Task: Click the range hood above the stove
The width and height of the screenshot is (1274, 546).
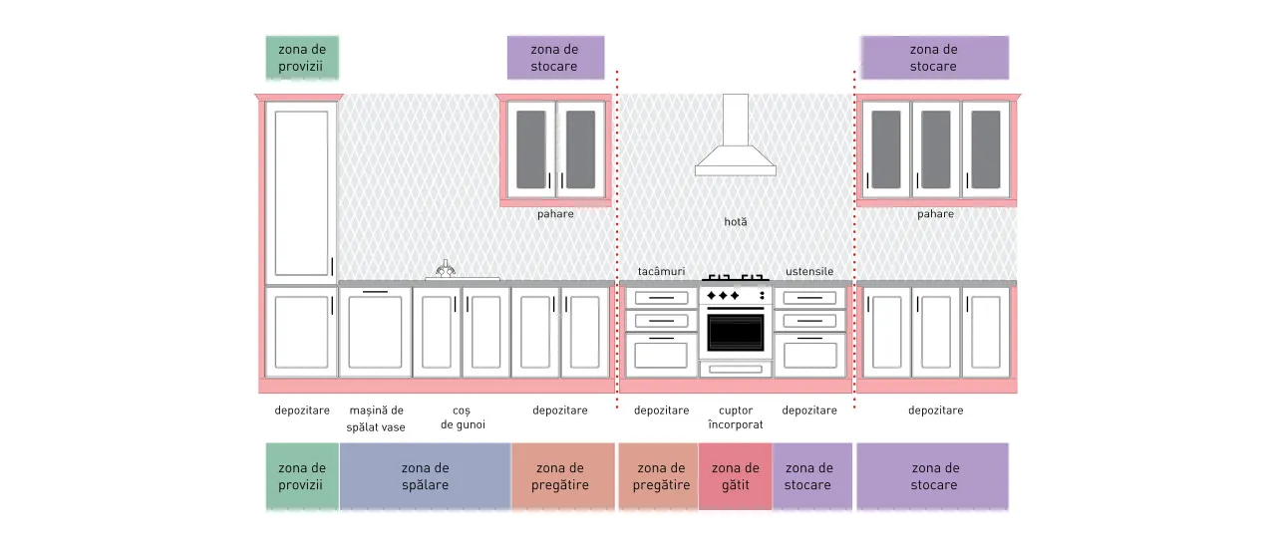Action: (736, 142)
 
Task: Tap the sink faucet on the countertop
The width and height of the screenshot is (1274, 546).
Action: (446, 269)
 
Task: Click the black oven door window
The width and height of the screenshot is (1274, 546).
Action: (736, 333)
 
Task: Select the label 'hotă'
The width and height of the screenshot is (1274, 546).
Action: (736, 222)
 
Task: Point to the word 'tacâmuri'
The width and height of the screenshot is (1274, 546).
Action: (662, 272)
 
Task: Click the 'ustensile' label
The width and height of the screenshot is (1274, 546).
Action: (809, 272)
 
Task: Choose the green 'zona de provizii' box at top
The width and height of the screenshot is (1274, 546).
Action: (302, 58)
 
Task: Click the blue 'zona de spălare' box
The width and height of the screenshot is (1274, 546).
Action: (426, 476)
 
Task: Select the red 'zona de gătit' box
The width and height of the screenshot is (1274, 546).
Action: (736, 476)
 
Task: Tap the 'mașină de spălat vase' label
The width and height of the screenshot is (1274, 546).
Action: (376, 418)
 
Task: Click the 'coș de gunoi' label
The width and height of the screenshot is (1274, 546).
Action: (463, 417)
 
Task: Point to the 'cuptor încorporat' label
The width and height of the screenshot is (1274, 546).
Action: (736, 417)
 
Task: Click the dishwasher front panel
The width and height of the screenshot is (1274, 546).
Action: (376, 333)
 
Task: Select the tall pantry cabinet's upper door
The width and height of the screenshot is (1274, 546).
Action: (301, 193)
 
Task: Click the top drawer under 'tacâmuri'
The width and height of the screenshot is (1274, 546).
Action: (662, 298)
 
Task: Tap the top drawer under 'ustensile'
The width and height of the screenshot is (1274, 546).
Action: (809, 298)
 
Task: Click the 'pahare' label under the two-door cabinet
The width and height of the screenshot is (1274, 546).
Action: (555, 214)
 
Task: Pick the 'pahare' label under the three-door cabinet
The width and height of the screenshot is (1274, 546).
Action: (936, 214)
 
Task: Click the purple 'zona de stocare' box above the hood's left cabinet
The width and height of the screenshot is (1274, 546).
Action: (555, 58)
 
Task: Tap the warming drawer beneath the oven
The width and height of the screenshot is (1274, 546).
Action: (736, 370)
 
